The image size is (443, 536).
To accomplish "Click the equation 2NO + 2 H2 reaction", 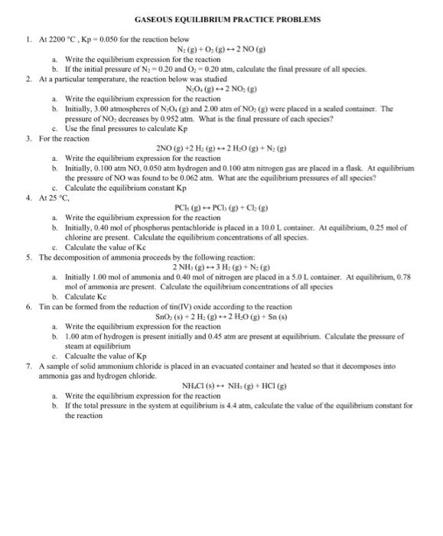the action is (222, 170).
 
